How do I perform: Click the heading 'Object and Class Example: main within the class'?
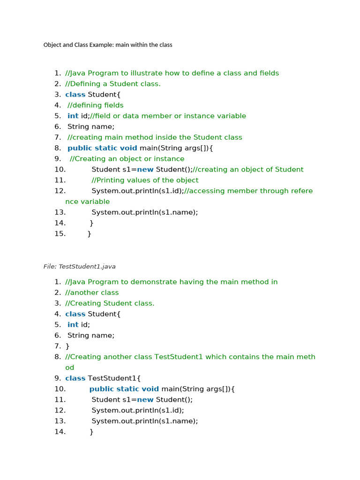(108, 45)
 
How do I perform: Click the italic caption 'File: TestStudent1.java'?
(79, 266)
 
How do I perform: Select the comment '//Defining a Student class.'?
(112, 84)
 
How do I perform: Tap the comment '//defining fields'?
(96, 105)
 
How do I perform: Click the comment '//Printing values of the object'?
(145, 180)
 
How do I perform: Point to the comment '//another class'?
(92, 292)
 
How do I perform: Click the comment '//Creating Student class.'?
(110, 303)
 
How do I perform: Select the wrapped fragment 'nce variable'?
(87, 202)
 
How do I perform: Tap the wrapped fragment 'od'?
(70, 367)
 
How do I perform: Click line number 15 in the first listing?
(60, 233)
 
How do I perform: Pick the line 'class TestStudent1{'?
(103, 378)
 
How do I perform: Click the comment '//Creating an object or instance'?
(127, 159)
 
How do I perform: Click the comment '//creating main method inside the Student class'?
(155, 137)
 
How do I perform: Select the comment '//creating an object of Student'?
(248, 169)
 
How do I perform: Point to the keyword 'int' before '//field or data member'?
(73, 116)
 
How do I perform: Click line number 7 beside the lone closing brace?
(58, 346)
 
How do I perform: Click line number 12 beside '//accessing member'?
(60, 191)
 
